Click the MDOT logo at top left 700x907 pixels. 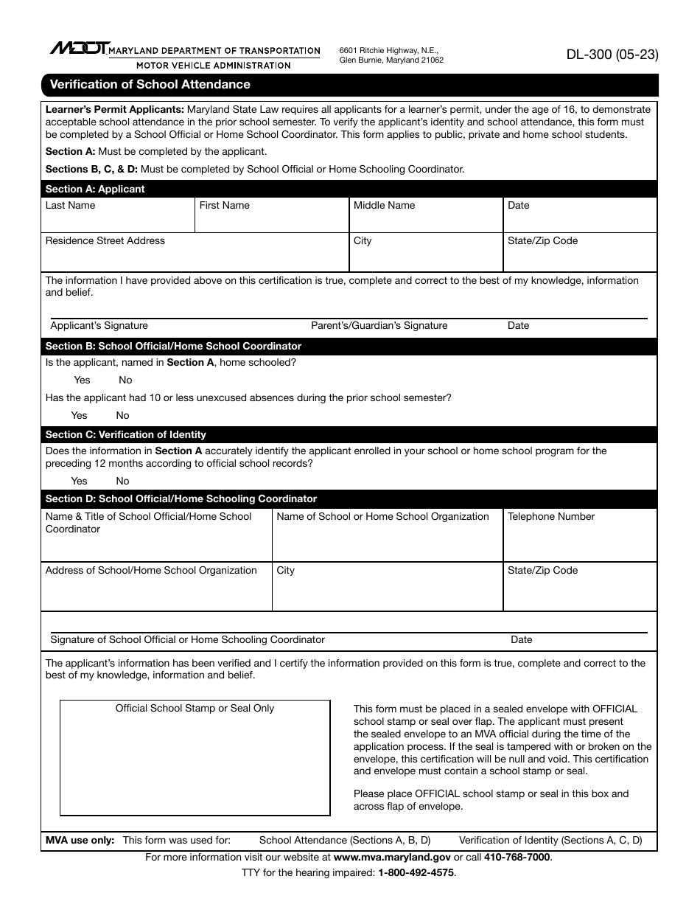tap(80, 49)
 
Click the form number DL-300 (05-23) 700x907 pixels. tap(612, 54)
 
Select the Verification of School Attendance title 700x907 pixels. tap(150, 85)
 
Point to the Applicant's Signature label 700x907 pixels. tap(99, 326)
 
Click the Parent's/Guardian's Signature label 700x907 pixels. tap(379, 326)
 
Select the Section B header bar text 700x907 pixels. tap(173, 346)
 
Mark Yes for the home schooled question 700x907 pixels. tap(82, 380)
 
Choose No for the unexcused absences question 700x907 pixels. tap(122, 415)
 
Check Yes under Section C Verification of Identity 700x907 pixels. tap(79, 481)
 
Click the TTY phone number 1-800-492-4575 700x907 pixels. tap(416, 872)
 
